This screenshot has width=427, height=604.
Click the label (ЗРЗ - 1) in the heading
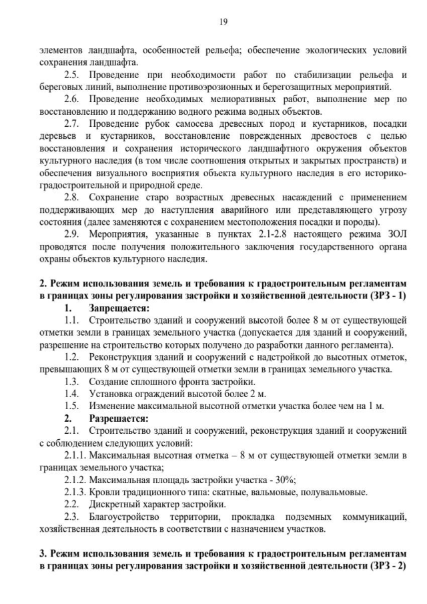386,294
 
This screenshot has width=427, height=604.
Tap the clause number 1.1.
71,320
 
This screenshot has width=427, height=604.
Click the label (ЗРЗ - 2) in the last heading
386,565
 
